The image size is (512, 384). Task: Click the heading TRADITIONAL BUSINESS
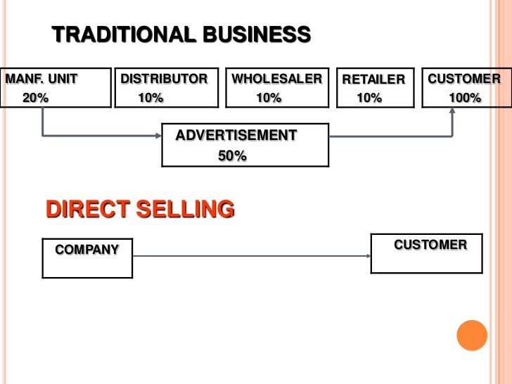(181, 34)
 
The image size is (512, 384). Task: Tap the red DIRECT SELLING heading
(140, 210)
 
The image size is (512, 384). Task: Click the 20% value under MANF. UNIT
(36, 98)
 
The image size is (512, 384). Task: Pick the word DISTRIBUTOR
(164, 78)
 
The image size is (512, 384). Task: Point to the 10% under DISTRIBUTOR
(151, 98)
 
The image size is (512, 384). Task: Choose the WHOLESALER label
(276, 78)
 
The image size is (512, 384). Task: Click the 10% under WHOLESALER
(268, 98)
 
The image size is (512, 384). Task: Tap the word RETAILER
(373, 79)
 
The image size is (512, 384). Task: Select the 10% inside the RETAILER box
(369, 98)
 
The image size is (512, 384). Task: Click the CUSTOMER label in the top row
(464, 78)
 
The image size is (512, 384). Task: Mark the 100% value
(465, 98)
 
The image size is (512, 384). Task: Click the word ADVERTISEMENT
(236, 135)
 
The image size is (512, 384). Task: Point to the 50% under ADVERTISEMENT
(232, 156)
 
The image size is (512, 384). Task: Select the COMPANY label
(87, 249)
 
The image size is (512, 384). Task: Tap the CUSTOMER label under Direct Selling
(430, 245)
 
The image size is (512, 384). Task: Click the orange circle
(472, 335)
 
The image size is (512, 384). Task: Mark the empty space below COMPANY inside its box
(87, 267)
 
